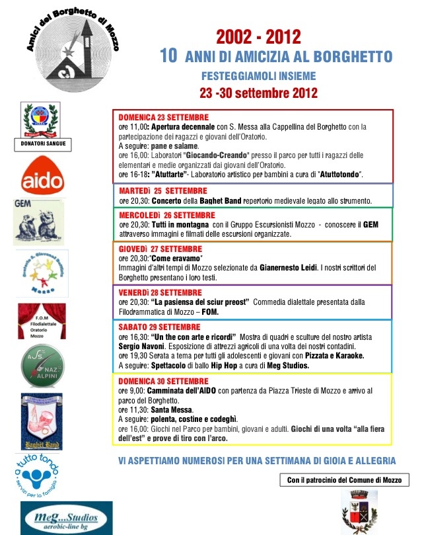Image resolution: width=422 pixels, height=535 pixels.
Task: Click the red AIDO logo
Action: coord(42,177)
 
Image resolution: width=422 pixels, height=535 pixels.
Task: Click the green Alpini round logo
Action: coord(43,366)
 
